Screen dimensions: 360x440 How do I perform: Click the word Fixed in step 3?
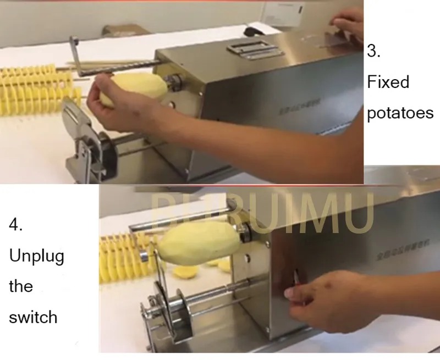(x=388, y=82)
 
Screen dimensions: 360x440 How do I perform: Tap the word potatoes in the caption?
(x=400, y=113)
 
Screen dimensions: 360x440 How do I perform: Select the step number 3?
(x=373, y=52)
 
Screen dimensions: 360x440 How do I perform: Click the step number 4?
(x=15, y=225)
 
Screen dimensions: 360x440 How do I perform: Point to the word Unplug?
(x=36, y=257)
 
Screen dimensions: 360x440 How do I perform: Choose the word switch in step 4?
(x=33, y=317)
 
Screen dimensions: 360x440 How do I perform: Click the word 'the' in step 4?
(x=21, y=286)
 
